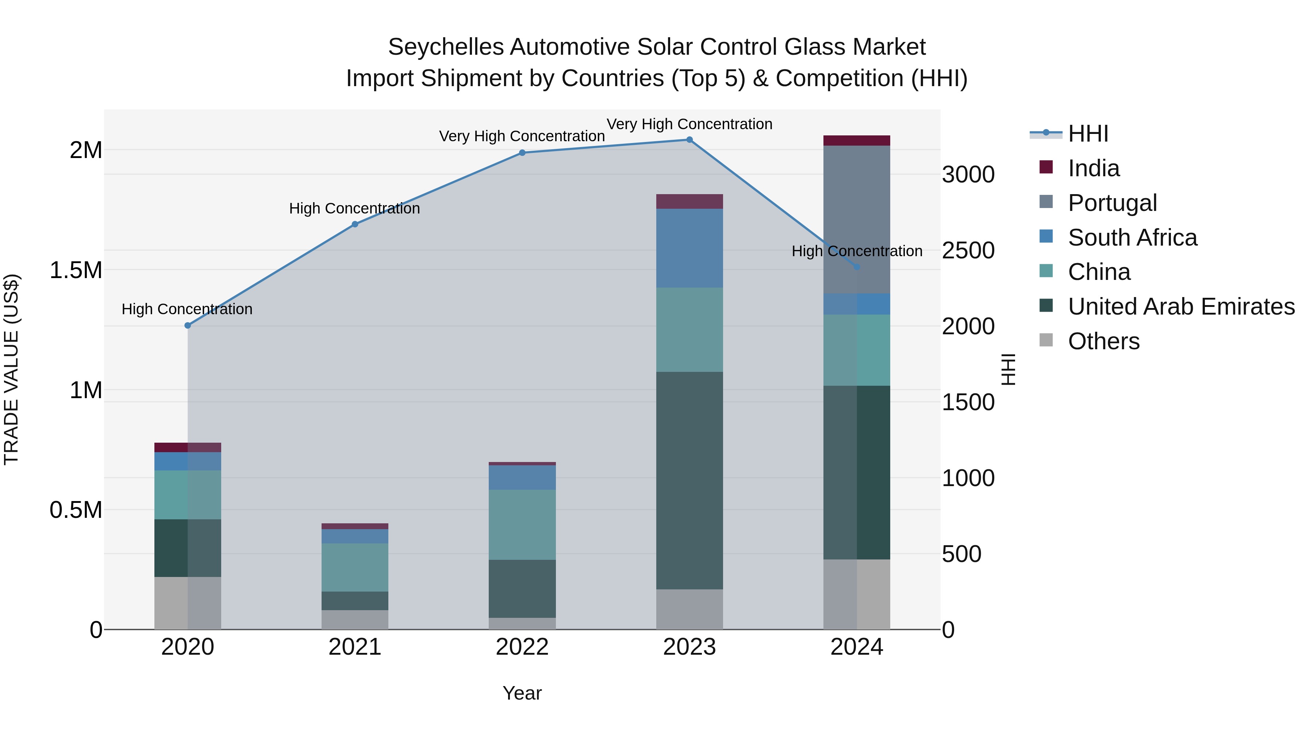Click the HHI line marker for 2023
[x=689, y=140]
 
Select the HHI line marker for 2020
[x=188, y=326]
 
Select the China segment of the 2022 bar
[x=522, y=524]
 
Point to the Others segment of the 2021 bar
[x=354, y=619]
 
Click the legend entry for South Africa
[x=1132, y=238]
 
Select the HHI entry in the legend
[x=1088, y=134]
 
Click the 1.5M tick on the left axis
[x=76, y=270]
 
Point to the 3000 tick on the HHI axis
[x=968, y=175]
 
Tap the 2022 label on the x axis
[x=522, y=647]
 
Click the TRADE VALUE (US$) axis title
[x=11, y=369]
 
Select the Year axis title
[x=522, y=693]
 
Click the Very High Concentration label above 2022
[x=522, y=136]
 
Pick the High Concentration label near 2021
[x=354, y=209]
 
